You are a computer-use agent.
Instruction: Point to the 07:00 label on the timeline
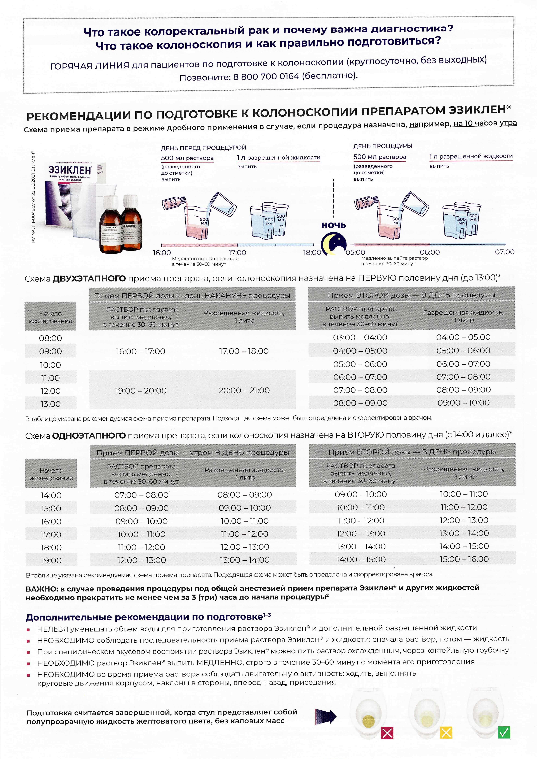point(505,252)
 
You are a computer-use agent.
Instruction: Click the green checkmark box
point(504,732)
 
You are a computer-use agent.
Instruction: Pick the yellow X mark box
point(446,733)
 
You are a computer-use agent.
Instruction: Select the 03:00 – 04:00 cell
point(360,337)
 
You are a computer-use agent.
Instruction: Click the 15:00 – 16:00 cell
point(464,559)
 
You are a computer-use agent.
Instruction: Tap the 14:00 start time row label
point(51,495)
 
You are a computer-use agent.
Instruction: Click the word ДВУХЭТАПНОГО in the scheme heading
point(89,279)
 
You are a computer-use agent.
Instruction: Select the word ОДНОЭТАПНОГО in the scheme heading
point(89,436)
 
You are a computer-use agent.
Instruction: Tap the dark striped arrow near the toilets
point(326,717)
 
